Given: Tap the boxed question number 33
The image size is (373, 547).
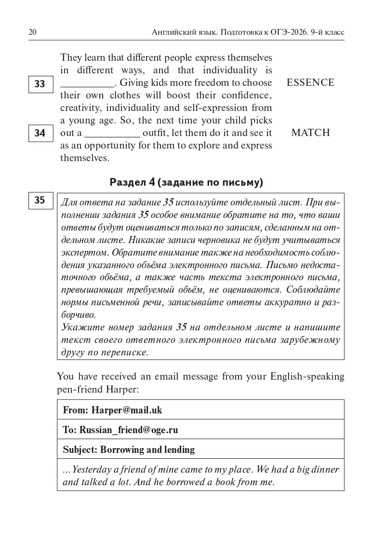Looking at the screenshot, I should (40, 84).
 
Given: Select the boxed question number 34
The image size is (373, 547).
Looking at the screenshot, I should (40, 133).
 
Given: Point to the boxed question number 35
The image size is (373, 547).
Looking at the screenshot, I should (40, 200).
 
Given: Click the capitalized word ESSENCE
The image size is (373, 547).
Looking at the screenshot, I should (310, 82).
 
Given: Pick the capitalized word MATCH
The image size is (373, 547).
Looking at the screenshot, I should (310, 133).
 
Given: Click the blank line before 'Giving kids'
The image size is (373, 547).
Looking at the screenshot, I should (87, 84).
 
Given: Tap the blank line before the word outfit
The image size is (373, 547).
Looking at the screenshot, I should (112, 134).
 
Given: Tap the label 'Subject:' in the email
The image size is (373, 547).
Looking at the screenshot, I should (80, 450).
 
